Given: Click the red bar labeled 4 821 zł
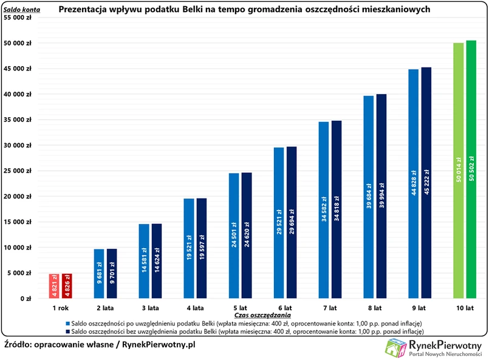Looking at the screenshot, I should [53, 286].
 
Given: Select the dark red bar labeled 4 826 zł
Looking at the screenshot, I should [67, 286].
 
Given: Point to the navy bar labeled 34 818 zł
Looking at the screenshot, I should [337, 209].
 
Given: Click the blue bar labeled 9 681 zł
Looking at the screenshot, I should [98, 273].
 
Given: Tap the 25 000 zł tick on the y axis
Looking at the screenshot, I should [26, 171].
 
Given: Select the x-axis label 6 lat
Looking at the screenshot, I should [286, 308].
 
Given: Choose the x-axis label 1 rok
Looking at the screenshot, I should [60, 308].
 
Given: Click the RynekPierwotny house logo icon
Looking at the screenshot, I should [396, 348].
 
